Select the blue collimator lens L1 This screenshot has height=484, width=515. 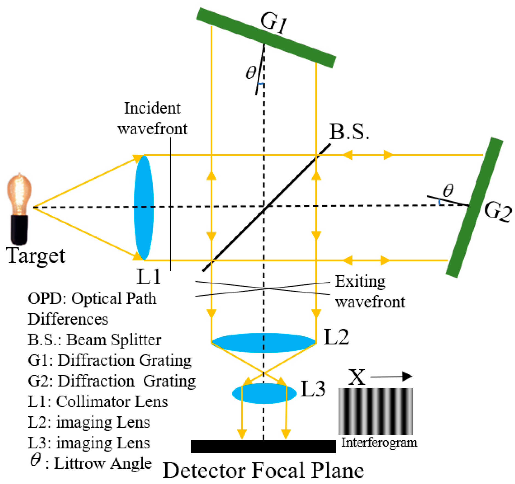(x=143, y=207)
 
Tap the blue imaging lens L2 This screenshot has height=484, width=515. (x=263, y=343)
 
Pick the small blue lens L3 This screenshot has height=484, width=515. (x=264, y=393)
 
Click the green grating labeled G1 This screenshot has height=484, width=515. (x=266, y=37)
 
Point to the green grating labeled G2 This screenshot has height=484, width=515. (x=474, y=207)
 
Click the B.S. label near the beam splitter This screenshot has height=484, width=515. (x=349, y=132)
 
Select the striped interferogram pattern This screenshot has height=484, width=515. (x=375, y=411)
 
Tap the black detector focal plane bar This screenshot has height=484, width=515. (x=263, y=447)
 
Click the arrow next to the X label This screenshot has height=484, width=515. (x=392, y=377)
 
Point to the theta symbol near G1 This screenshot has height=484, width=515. (x=251, y=73)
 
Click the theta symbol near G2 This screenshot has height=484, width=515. (x=448, y=191)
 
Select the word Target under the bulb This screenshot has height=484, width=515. (x=36, y=256)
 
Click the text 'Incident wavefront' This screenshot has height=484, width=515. (x=152, y=118)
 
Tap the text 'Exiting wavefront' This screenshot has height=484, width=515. (x=370, y=292)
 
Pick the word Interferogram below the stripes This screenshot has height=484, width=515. (x=379, y=442)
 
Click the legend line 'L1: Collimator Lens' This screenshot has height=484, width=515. (x=98, y=402)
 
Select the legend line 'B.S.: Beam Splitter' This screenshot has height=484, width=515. (x=94, y=340)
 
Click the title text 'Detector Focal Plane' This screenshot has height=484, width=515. (x=263, y=471)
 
